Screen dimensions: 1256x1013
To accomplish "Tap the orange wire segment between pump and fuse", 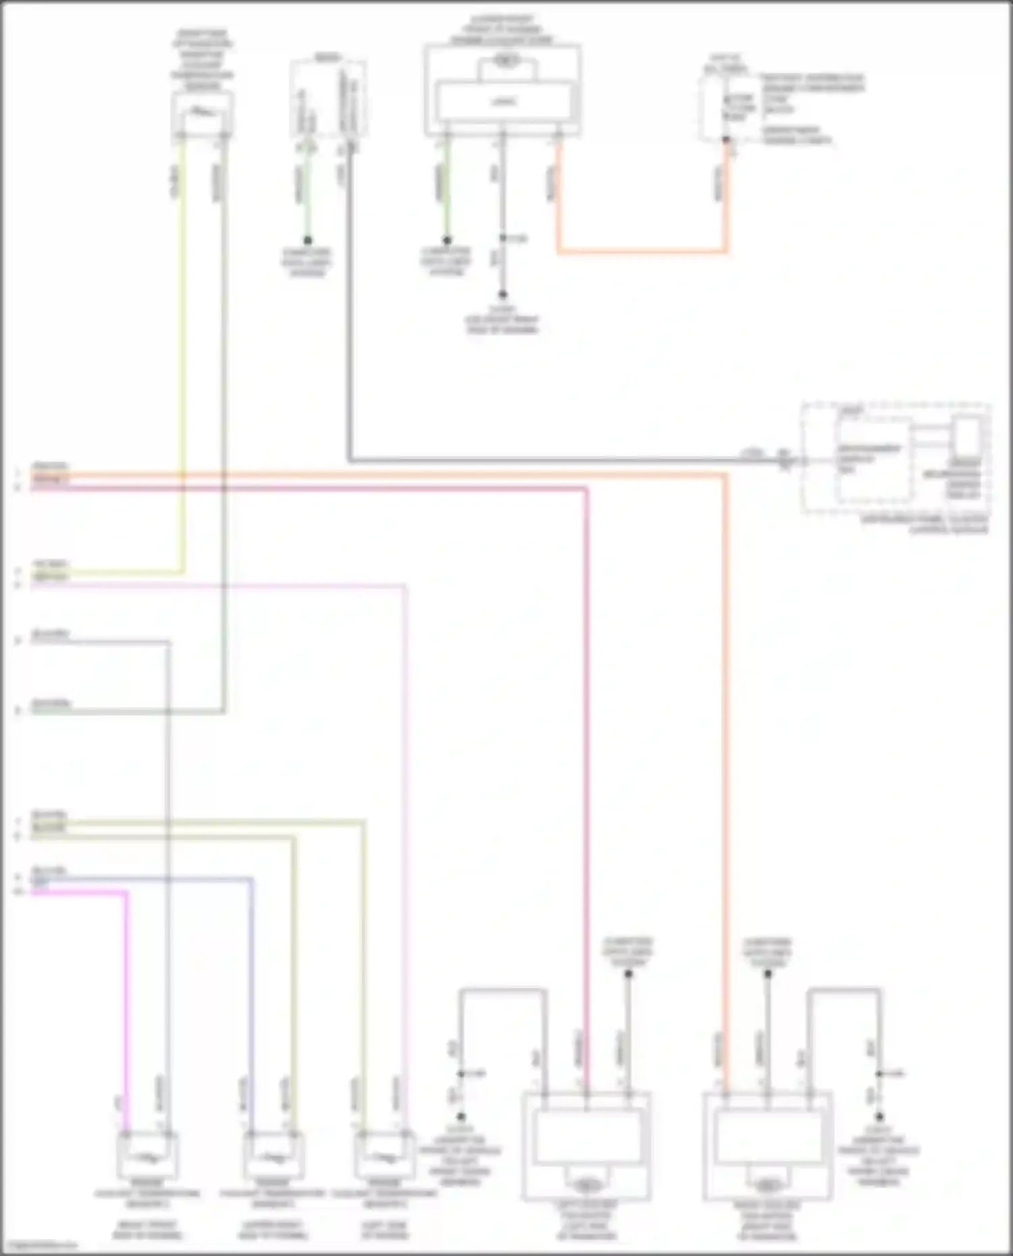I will pyautogui.click(x=642, y=252).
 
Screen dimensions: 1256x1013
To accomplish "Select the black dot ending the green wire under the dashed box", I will pyautogui.click(x=308, y=240).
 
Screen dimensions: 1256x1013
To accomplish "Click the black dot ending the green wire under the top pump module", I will pyautogui.click(x=446, y=240).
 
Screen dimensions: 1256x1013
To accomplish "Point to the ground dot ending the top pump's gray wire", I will pyautogui.click(x=502, y=295).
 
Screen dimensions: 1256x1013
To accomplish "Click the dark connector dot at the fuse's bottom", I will pyautogui.click(x=726, y=140).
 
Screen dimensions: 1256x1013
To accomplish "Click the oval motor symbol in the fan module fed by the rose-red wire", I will pyautogui.click(x=586, y=1185).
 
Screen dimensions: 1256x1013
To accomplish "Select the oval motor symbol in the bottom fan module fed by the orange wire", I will pyautogui.click(x=767, y=1185).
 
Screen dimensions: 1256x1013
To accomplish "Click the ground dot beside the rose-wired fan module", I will pyautogui.click(x=461, y=1117).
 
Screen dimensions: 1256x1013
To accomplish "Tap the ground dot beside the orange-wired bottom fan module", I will pyautogui.click(x=879, y=1117).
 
